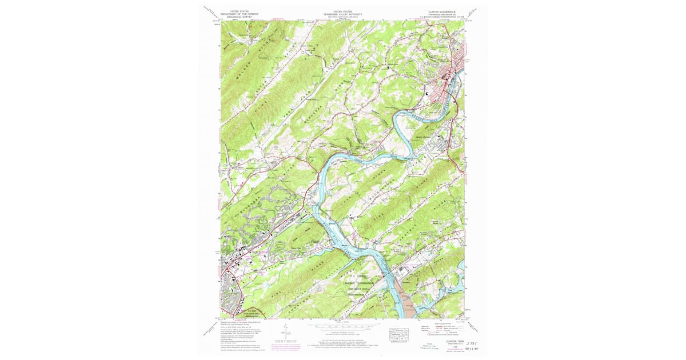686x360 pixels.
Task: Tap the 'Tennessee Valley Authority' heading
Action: [x=343, y=14]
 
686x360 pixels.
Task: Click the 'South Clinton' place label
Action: [x=422, y=136]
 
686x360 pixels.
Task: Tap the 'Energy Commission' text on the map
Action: [x=358, y=283]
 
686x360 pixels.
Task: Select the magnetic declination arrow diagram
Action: [x=284, y=333]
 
